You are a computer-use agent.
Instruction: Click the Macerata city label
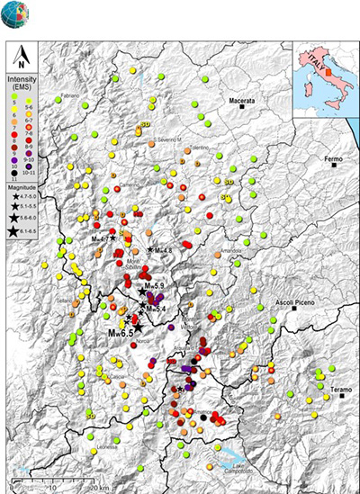(244, 103)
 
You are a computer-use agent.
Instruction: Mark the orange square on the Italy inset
(328, 72)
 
